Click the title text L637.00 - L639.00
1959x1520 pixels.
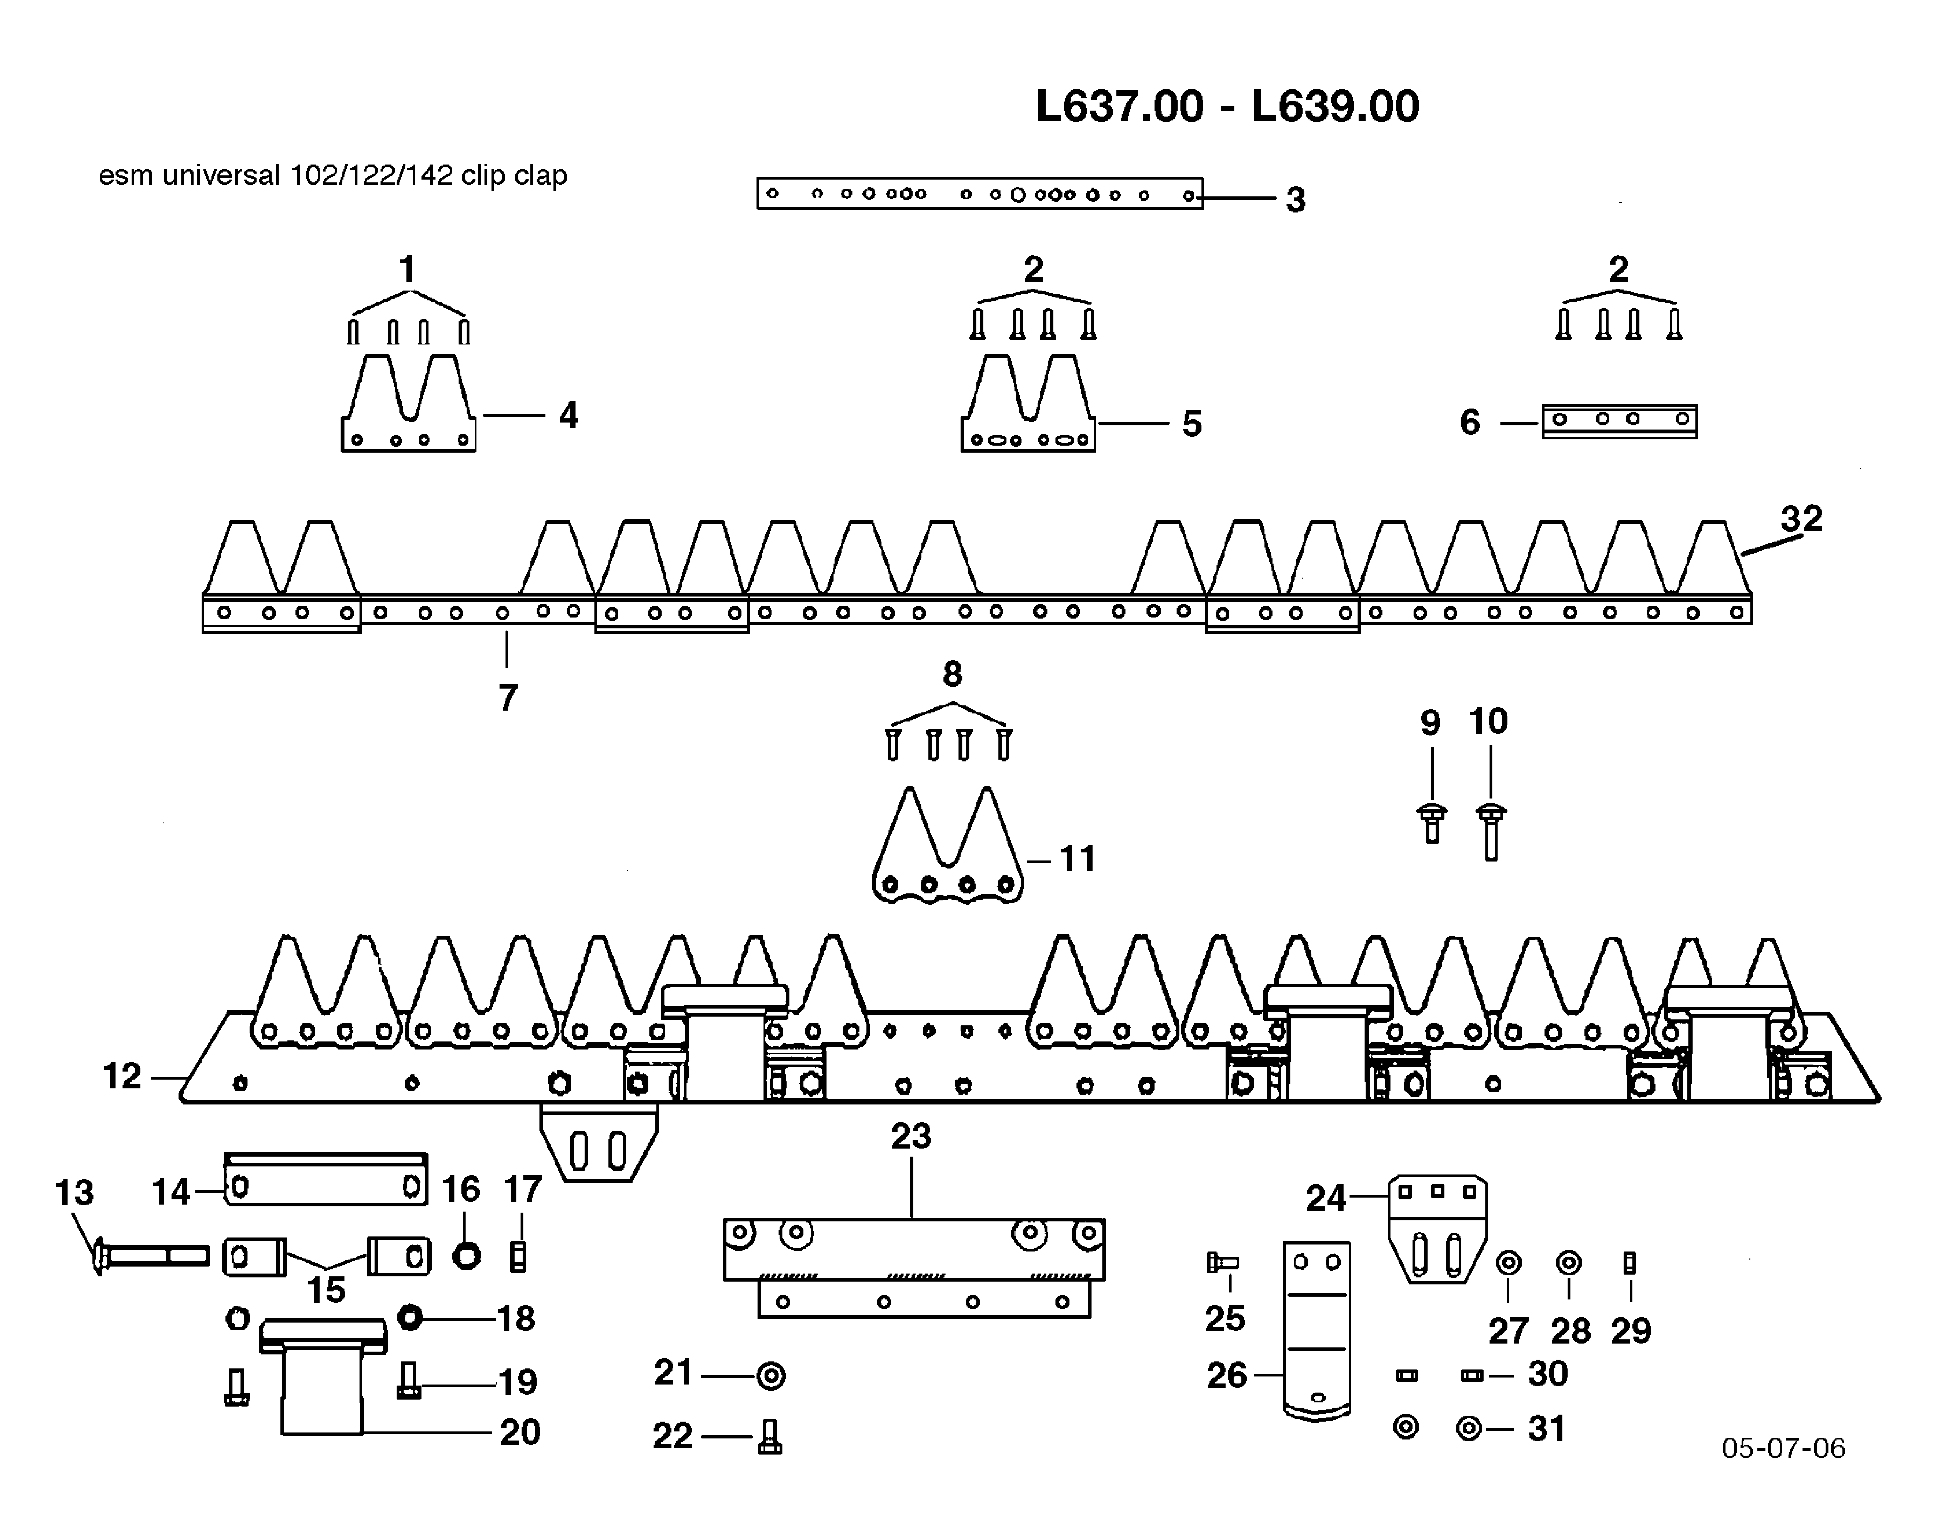pyautogui.click(x=1227, y=107)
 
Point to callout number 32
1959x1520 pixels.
pyautogui.click(x=1801, y=518)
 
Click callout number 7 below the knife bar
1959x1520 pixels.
pyautogui.click(x=508, y=697)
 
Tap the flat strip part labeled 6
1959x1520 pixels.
pyautogui.click(x=1619, y=421)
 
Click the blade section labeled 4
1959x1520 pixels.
pyautogui.click(x=408, y=408)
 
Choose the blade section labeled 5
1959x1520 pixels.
pyautogui.click(x=1028, y=408)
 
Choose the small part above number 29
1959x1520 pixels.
pyautogui.click(x=1630, y=1263)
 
